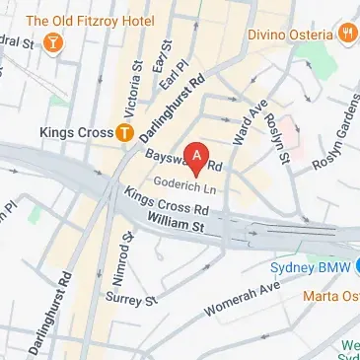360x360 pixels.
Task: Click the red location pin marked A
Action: coord(199,157)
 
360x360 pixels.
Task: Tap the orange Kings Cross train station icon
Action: coord(124,131)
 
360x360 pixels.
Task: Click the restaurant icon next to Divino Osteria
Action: coord(347,34)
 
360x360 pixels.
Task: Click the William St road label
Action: coord(174,226)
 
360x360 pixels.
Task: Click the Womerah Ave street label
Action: coord(243,297)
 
